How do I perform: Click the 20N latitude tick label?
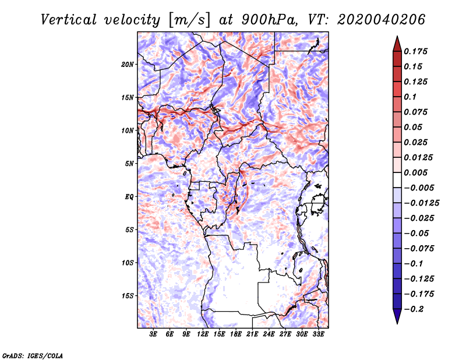127,65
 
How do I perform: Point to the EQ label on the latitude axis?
129,197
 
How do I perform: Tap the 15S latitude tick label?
128,296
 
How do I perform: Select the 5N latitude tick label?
129,164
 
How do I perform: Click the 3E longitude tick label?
153,334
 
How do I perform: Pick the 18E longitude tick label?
235,334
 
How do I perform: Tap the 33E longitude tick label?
318,334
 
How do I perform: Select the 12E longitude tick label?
202,334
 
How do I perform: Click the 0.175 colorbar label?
415,51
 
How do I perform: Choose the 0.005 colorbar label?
415,172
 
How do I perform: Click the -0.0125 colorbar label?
421,203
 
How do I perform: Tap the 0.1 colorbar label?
410,97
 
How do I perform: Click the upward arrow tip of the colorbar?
397,36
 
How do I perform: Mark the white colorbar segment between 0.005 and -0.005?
397,180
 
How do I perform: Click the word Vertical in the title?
68,20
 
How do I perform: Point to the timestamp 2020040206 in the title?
382,20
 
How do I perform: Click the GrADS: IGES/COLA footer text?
33,355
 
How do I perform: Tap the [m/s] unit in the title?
189,20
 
